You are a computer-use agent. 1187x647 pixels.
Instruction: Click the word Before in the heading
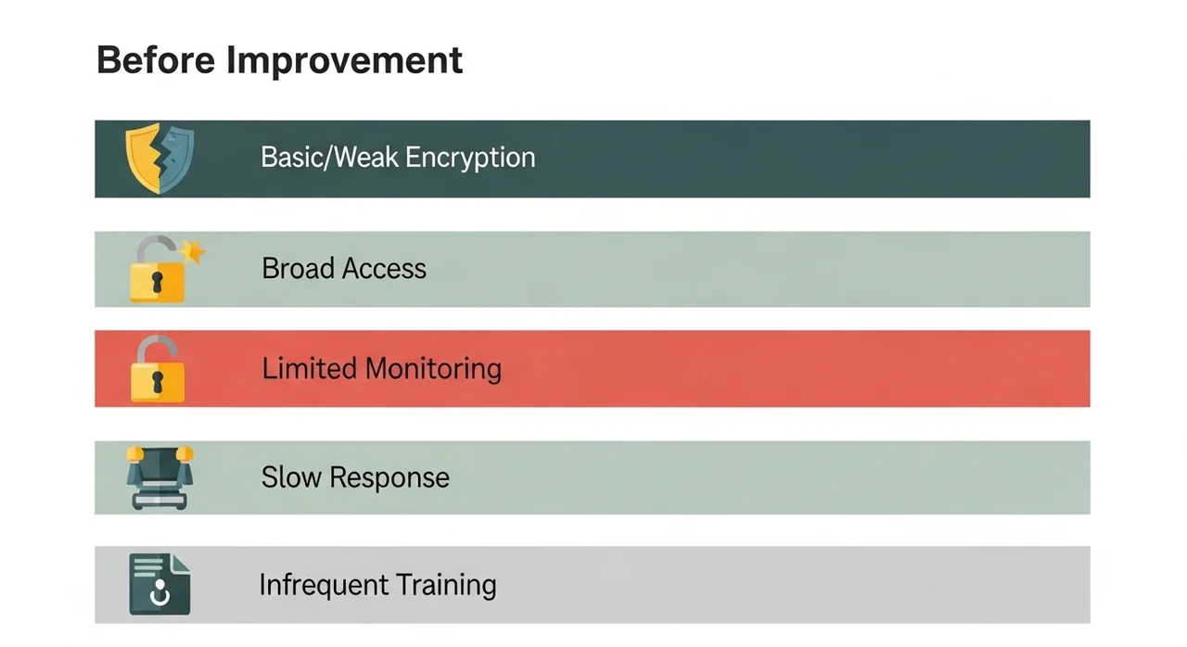tap(156, 60)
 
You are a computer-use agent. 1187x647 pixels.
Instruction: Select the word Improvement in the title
tap(344, 61)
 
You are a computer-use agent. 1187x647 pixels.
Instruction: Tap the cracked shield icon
tap(160, 158)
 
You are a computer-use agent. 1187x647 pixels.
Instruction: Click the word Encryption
tap(470, 158)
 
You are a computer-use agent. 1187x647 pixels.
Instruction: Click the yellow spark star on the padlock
tap(193, 250)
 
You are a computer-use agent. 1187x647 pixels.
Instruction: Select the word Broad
tap(298, 268)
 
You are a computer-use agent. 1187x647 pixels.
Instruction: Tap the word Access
tap(384, 269)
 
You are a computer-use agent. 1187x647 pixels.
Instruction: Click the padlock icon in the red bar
tap(158, 369)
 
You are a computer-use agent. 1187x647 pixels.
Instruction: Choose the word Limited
tap(310, 368)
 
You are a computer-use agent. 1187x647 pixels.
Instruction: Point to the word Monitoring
tap(434, 369)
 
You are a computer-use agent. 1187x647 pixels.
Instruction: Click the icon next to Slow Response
tap(160, 477)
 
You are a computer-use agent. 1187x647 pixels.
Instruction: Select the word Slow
tap(291, 477)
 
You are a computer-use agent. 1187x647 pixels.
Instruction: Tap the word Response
tap(389, 478)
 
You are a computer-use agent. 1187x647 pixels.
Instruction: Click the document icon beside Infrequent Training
tap(160, 584)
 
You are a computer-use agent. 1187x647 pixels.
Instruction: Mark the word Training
tap(446, 586)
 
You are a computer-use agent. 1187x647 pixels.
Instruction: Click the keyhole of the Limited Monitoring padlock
tap(158, 382)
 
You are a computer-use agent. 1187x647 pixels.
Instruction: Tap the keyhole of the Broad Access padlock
tap(157, 282)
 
